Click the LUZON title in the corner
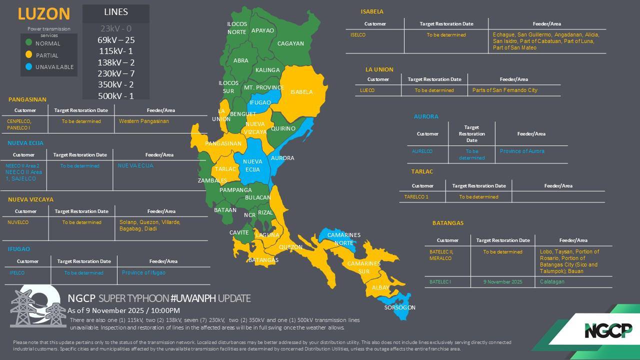(43, 13)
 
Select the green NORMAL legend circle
(29, 43)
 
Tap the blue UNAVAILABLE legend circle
(29, 66)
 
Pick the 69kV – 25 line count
(116, 40)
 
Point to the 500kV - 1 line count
(116, 96)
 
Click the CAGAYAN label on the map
(290, 43)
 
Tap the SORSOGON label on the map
(399, 307)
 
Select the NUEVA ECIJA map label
(252, 165)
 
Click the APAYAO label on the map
(262, 30)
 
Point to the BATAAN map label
(225, 210)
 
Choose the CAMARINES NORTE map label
(343, 238)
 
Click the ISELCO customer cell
(358, 35)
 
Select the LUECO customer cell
(367, 90)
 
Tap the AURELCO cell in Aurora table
(422, 151)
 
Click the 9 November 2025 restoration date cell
(502, 282)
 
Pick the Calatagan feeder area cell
(552, 282)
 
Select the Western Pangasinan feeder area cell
(144, 121)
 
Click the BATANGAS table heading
(448, 223)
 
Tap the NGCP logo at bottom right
(608, 330)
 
